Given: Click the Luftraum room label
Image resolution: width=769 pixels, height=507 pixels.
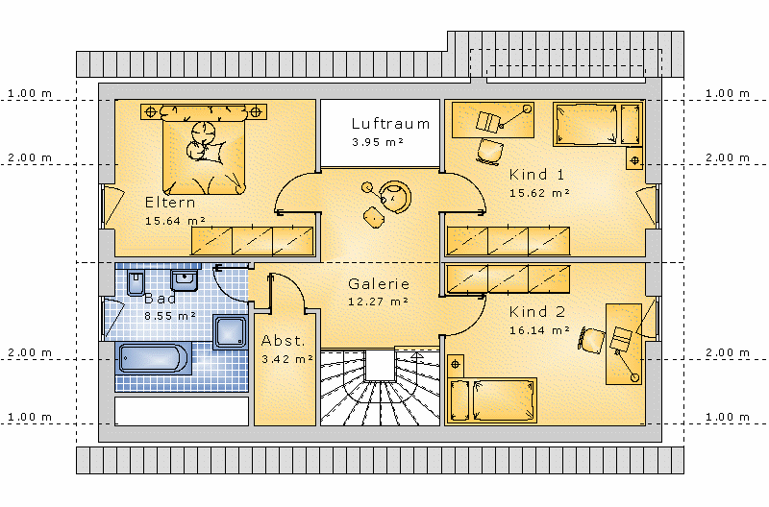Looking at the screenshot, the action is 390,124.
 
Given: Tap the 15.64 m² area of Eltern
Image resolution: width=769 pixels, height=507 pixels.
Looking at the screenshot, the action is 175,221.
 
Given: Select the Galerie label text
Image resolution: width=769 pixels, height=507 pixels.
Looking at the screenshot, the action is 379,283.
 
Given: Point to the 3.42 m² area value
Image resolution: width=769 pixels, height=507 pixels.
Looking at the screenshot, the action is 287,359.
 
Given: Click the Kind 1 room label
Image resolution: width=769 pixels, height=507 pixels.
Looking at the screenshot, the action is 537,175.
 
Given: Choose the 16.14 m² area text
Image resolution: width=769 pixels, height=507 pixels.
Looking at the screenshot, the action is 539,330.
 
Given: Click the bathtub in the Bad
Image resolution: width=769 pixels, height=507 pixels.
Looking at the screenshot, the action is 153,358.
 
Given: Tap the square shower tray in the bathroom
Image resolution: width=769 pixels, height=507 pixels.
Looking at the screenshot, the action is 230,332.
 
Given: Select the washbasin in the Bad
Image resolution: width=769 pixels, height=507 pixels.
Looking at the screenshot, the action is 184,279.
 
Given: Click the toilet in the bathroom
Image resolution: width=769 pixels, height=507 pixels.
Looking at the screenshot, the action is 136,282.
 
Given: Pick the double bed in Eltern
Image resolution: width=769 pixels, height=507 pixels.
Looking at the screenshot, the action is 204,149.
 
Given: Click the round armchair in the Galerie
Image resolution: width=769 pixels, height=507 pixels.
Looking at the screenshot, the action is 395,197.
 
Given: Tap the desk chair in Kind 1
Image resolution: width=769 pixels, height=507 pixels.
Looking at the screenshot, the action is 489,151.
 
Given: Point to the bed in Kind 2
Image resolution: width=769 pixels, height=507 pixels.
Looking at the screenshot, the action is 492,400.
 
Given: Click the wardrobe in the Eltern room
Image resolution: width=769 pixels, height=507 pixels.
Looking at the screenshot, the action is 252,241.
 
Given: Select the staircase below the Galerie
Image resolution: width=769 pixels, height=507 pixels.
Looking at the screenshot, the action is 380,387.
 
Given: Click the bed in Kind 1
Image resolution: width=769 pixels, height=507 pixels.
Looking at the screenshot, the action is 598,124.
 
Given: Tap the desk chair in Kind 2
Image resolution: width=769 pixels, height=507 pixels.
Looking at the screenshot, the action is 591,340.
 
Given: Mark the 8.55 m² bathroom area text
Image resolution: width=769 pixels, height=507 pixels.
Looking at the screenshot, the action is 170,317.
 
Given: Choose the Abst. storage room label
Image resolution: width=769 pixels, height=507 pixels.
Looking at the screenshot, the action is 283,341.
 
